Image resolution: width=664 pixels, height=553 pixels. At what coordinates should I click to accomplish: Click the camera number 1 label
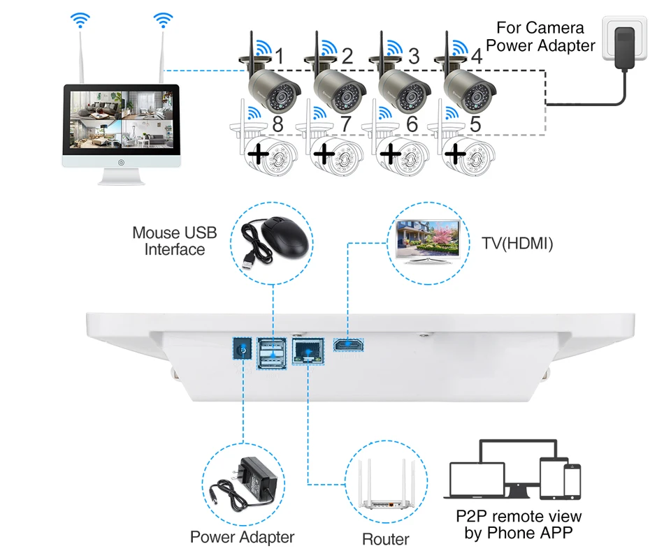point(280,56)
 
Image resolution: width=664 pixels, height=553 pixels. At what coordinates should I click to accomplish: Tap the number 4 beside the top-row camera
point(476,56)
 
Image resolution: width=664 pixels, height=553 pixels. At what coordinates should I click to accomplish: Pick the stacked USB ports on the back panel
point(271,348)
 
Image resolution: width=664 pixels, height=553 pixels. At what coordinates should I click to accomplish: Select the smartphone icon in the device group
point(572,482)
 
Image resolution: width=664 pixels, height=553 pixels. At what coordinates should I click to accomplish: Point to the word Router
point(386,539)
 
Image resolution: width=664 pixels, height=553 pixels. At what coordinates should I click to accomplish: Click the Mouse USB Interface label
point(175,240)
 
